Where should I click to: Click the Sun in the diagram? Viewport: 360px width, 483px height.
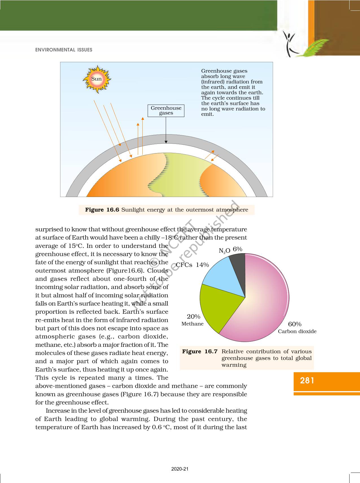[97, 79]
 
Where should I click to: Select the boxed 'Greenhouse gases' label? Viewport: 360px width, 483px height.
[166, 111]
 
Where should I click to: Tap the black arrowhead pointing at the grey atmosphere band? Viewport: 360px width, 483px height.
[166, 142]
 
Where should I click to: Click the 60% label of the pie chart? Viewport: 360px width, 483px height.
[294, 324]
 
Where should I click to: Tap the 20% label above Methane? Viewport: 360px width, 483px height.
[193, 317]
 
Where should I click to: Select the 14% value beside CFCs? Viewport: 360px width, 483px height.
[202, 265]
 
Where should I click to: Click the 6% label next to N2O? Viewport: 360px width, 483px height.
[237, 249]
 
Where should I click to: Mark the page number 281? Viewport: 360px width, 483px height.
[307, 380]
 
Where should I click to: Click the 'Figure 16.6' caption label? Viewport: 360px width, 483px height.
[102, 210]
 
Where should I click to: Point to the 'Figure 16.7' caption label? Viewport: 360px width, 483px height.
[200, 351]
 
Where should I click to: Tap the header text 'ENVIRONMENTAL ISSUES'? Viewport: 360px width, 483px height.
[64, 50]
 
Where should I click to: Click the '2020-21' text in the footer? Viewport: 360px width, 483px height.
[180, 469]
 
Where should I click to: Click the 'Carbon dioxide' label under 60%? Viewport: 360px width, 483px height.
[297, 331]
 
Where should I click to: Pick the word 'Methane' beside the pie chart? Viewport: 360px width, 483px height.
[192, 324]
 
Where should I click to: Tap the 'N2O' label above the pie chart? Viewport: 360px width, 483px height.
[224, 250]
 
